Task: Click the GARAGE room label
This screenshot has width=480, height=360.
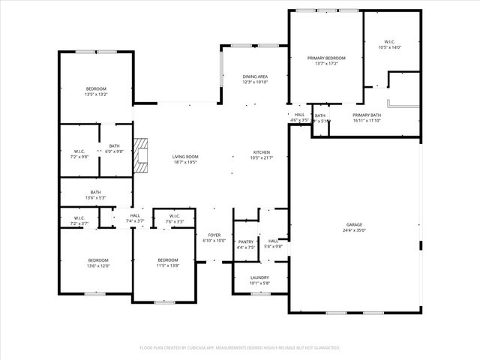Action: pos(354,223)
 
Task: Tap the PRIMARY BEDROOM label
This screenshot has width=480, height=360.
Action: pos(326,58)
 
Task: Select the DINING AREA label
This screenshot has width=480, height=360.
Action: pos(255,76)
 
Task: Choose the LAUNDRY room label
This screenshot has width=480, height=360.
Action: pos(259,277)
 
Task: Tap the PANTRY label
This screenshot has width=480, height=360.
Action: pos(246,241)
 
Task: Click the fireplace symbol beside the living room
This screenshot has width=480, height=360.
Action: pos(140,155)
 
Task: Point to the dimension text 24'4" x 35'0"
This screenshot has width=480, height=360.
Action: pos(354,230)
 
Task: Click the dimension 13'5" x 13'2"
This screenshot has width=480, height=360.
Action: pos(96,94)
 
